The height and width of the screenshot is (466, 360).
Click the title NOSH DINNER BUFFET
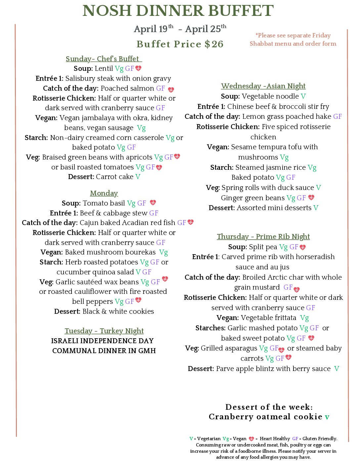[178, 11]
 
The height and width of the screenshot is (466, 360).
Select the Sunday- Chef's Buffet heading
[104, 59]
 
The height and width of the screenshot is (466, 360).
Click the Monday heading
[104, 193]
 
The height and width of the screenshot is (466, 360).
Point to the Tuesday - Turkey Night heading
[104, 331]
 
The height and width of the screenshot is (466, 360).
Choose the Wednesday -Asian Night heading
[263, 86]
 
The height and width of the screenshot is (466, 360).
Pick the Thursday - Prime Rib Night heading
[263, 237]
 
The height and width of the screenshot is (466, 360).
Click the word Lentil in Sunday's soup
[104, 69]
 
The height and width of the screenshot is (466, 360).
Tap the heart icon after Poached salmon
[171, 89]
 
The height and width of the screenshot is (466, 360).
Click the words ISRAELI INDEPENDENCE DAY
[102, 341]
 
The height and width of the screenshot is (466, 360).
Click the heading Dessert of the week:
[269, 407]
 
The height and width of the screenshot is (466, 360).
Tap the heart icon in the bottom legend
[251, 439]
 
